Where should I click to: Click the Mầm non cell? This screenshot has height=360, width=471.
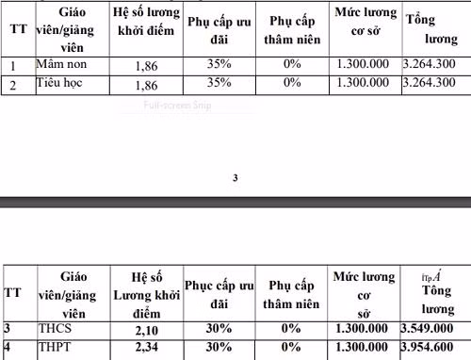click(57, 66)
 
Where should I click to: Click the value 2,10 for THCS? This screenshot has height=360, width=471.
click(145, 329)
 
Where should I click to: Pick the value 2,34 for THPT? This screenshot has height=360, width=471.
click(145, 349)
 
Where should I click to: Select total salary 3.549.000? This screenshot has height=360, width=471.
click(431, 329)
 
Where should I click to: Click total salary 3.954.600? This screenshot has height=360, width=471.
click(431, 349)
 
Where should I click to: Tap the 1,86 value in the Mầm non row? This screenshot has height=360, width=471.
click(146, 66)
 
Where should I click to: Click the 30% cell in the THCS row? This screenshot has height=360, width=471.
click(219, 329)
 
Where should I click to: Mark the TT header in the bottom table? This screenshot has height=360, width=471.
click(13, 293)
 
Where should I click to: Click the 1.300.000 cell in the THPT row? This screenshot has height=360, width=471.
click(361, 349)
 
